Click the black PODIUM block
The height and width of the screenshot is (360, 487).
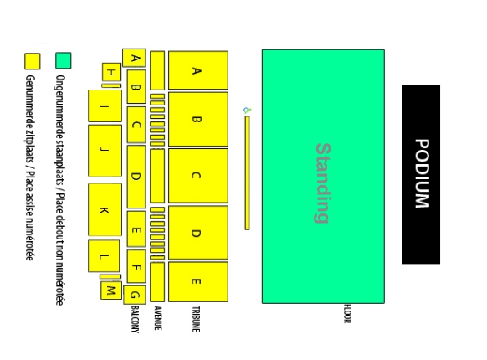[421, 174]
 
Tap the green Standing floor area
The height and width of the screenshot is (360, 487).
[323, 177]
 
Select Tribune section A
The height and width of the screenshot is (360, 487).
[198, 70]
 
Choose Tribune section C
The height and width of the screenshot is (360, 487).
[198, 176]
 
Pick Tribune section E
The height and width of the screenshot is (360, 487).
[198, 281]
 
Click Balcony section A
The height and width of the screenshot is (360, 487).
[134, 58]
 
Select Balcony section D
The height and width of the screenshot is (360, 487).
[136, 177]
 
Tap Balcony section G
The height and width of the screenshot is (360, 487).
[135, 295]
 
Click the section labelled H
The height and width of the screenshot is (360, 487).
[111, 72]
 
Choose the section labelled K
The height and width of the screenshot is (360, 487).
[105, 210]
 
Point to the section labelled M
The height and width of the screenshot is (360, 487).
[111, 291]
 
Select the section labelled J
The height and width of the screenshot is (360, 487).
[105, 151]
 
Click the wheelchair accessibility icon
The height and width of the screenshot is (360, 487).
[247, 110]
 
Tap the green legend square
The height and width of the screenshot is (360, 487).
[64, 60]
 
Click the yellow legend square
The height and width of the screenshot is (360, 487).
[33, 61]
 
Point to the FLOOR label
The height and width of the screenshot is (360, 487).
[347, 314]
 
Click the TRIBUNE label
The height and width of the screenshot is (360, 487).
[196, 319]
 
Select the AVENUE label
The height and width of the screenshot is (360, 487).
[158, 317]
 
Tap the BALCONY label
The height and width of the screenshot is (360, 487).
[135, 319]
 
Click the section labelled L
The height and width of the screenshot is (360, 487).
[104, 256]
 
